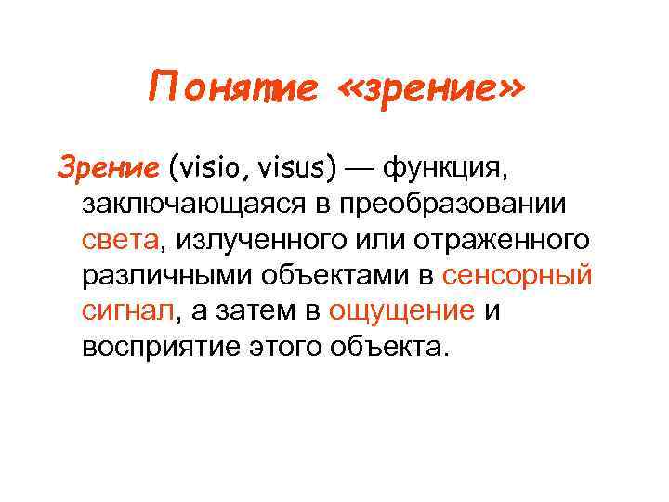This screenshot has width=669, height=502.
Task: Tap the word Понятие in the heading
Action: pyautogui.click(x=233, y=91)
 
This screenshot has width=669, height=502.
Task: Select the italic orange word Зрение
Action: pyautogui.click(x=109, y=168)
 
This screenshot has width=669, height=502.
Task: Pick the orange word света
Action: pyautogui.click(x=120, y=239)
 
